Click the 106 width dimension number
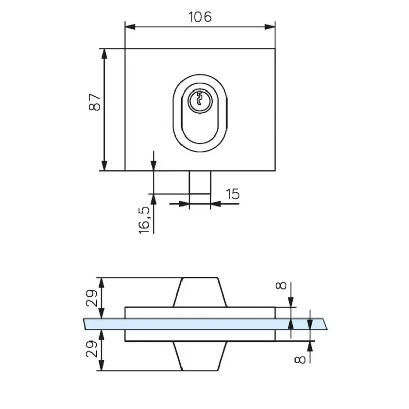pyautogui.click(x=199, y=17)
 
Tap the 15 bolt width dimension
pyautogui.click(x=232, y=194)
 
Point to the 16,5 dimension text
pyautogui.click(x=145, y=220)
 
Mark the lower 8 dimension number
pyautogui.click(x=301, y=359)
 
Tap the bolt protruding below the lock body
pyautogui.click(x=199, y=182)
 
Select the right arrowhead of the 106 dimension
pyautogui.click(x=270, y=26)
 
